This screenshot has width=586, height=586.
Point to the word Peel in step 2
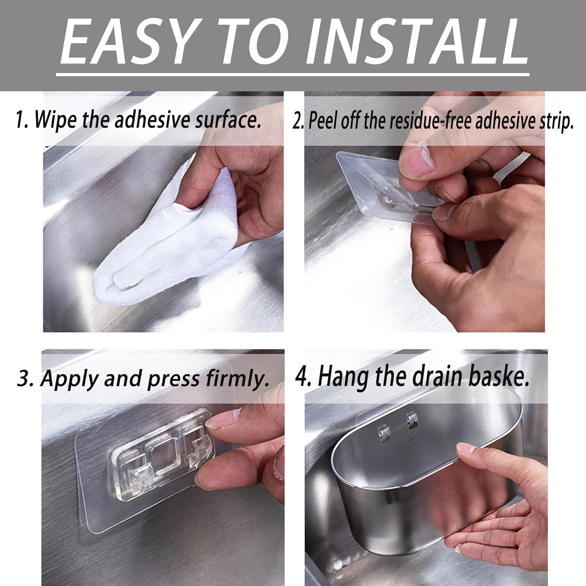click(323, 121)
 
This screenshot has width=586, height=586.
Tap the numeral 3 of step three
click(24, 379)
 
